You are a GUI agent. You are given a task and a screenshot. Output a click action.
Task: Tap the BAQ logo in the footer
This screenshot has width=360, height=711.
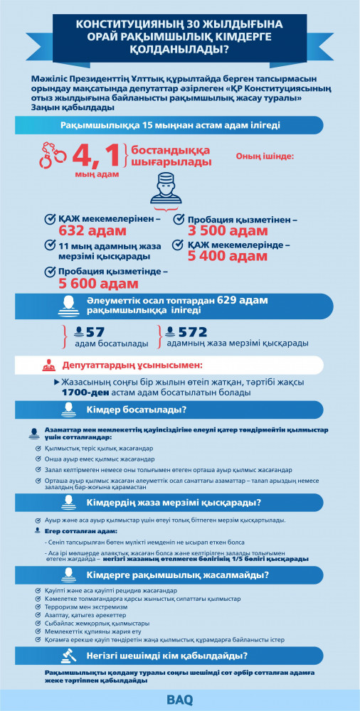(179, 699)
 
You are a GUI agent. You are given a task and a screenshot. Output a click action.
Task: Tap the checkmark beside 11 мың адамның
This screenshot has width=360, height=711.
(50, 245)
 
